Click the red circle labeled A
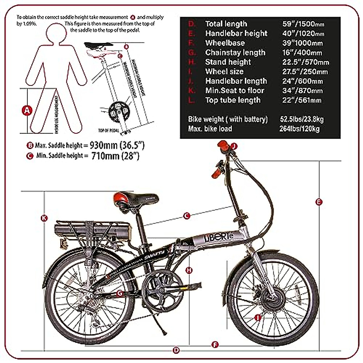27,110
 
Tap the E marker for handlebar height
319,202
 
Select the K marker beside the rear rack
44,218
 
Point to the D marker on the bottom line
176,351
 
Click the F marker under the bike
215,345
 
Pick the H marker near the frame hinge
189,270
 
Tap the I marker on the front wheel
258,318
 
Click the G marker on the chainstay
120,293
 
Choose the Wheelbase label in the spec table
225,43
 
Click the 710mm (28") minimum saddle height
115,156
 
